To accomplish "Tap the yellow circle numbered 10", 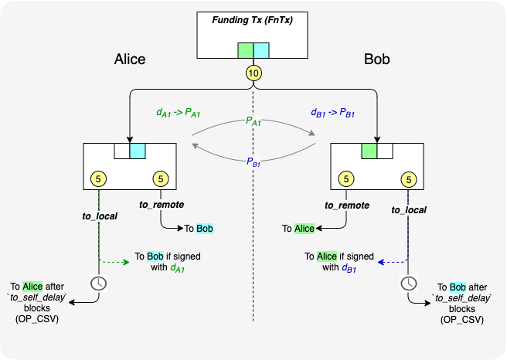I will tap(253, 73).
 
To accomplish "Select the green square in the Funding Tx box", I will tap(245, 50).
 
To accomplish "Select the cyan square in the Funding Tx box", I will tap(262, 50).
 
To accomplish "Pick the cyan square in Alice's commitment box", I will tap(137, 151).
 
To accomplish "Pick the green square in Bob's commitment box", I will tap(369, 151).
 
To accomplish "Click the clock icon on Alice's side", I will tap(99, 283).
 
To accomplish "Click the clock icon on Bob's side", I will tap(407, 283).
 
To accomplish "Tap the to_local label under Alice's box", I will tap(100, 216).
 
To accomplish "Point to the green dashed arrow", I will tap(114, 262).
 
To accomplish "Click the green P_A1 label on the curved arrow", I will tap(253, 121).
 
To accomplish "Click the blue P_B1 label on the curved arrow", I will tap(253, 161).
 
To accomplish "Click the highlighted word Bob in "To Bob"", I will tap(204, 229).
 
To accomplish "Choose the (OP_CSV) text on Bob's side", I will tap(462, 319).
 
